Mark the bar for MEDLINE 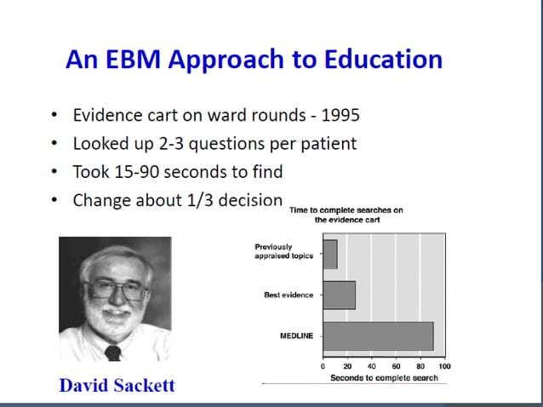click(x=378, y=335)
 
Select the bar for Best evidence click(x=339, y=295)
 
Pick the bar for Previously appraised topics click(x=329, y=254)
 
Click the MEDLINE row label click(x=296, y=336)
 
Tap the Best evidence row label click(x=288, y=295)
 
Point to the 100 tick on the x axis click(x=444, y=365)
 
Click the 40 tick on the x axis click(x=372, y=365)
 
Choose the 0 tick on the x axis click(x=323, y=365)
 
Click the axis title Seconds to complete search click(x=384, y=377)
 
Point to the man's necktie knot click(x=112, y=351)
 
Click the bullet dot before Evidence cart click(x=55, y=115)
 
